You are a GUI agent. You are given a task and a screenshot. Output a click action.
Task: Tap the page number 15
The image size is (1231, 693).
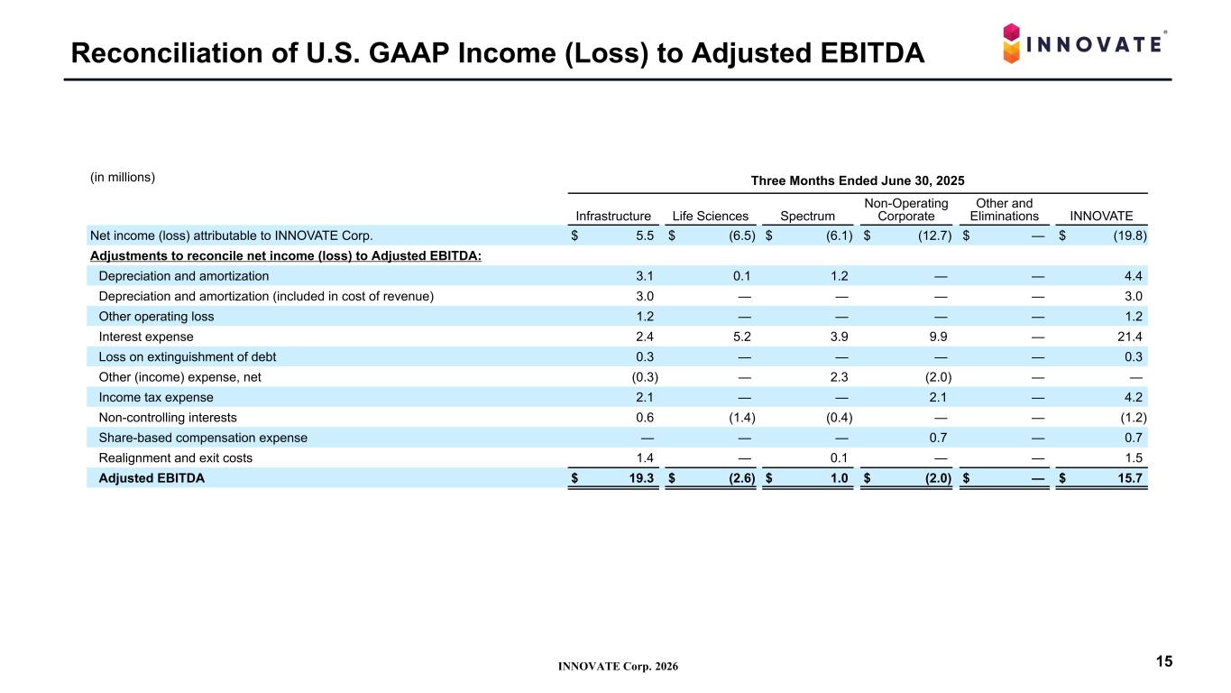[x=1164, y=661]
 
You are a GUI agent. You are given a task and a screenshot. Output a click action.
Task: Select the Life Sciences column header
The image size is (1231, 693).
[x=710, y=217]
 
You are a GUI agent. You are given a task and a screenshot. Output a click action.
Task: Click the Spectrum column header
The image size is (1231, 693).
[x=807, y=217]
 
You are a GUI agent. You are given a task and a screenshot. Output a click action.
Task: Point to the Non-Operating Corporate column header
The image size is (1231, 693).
[x=905, y=209]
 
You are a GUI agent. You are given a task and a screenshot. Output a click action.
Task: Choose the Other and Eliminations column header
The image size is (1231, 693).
[x=1004, y=209]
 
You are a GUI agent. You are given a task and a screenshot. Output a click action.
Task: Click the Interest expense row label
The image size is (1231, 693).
[x=145, y=337]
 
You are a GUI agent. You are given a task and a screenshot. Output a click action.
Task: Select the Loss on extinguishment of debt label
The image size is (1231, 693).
[x=188, y=357]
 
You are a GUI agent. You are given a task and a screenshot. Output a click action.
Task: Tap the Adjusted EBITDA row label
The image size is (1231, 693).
[x=152, y=478]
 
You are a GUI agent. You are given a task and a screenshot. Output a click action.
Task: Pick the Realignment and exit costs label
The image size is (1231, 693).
[x=175, y=458]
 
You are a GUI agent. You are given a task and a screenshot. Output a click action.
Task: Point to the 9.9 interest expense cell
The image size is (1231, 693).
[x=938, y=337]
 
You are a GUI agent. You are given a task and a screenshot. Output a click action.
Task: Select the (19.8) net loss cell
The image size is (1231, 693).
[x=1130, y=236]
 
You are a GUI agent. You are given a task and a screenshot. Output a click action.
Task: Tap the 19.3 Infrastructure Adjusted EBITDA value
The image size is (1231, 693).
[x=641, y=478]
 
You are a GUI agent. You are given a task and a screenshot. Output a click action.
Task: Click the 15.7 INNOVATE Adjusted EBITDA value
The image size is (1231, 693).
[x=1130, y=478]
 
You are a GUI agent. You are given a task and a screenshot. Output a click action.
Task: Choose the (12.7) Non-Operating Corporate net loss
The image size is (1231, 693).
[x=935, y=236]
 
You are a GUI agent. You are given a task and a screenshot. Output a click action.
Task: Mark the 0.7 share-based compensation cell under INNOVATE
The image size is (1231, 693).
[x=1134, y=438]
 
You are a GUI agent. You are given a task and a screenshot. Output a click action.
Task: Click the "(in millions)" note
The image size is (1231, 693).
[x=123, y=177]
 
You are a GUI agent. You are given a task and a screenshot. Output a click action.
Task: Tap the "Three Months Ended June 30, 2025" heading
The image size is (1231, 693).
[x=858, y=181]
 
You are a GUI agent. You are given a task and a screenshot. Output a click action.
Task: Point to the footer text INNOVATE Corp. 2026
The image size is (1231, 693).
[x=618, y=667]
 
